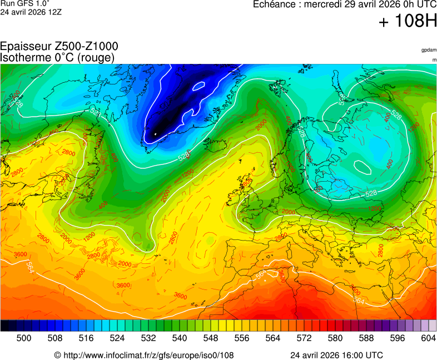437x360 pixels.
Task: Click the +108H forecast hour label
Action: (408, 22)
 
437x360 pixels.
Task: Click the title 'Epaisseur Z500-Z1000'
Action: (59, 47)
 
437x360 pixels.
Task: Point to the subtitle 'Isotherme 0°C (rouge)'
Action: (57, 57)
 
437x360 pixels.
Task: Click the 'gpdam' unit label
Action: (429, 50)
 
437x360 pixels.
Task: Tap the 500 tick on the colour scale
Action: (24, 338)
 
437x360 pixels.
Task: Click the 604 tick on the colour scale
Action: (429, 338)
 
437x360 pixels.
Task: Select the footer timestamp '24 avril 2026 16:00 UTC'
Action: (336, 355)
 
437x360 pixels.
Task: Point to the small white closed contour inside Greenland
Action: (199, 86)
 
